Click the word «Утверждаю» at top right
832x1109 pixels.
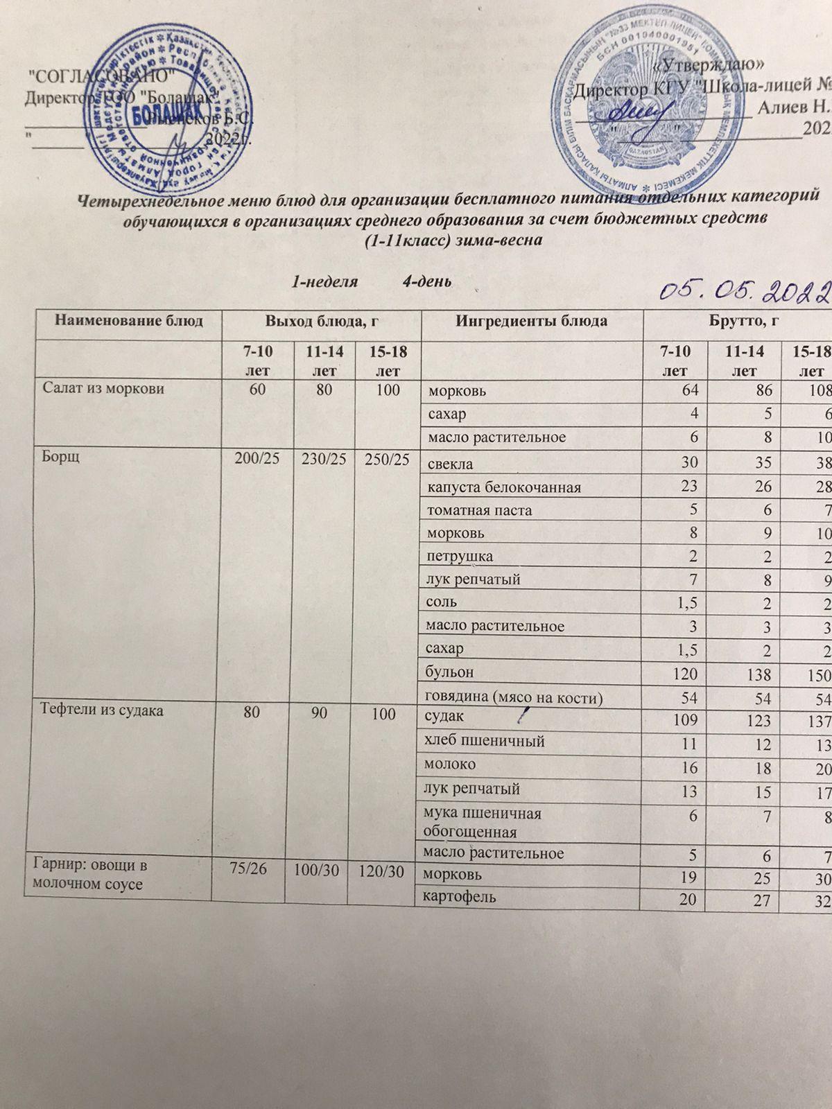710,65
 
